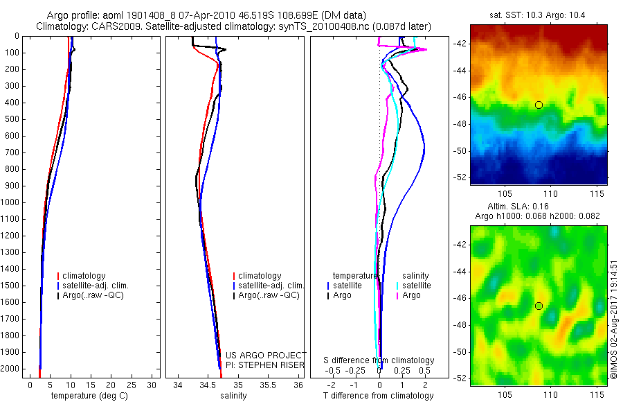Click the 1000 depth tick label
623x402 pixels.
pos(12,202)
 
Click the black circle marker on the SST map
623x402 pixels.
pos(539,105)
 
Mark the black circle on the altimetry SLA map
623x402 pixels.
pos(539,306)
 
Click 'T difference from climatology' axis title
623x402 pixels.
pos(378,396)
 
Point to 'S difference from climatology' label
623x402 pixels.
pos(379,360)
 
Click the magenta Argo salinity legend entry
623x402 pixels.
pos(410,295)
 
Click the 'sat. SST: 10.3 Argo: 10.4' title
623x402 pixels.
pos(538,15)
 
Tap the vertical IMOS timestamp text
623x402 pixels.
pos(613,320)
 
